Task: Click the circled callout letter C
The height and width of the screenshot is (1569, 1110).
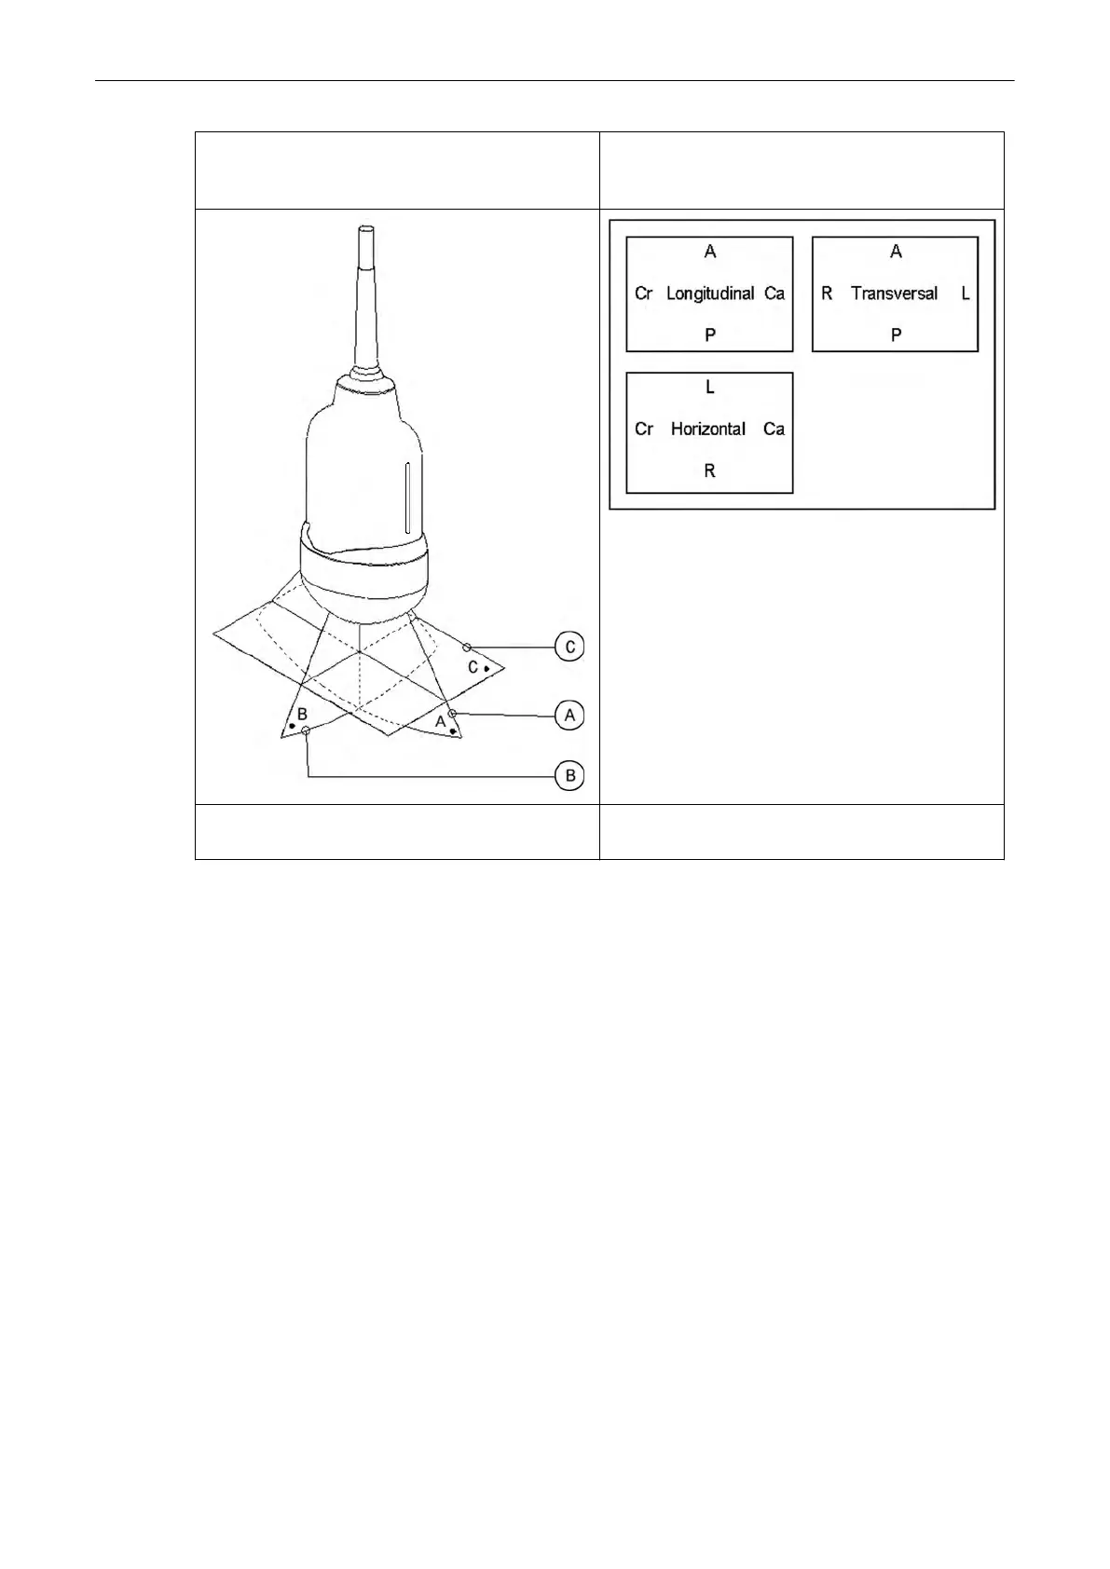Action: pos(569,647)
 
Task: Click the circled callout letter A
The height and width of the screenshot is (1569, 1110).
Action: pos(569,716)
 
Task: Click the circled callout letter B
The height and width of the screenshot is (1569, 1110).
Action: pos(569,775)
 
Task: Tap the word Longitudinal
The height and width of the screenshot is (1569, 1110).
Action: pos(710,293)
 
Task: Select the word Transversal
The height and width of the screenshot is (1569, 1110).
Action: pos(894,293)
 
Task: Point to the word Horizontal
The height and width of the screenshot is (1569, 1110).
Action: pos(708,430)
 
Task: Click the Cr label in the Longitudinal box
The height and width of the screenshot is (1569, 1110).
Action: pos(643,293)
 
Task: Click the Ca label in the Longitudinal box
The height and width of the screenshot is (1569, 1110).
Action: pos(774,293)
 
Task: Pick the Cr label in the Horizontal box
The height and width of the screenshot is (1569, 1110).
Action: pos(643,430)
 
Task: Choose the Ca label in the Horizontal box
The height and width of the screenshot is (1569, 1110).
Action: pos(774,430)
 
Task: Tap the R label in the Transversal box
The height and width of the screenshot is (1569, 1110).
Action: pos(827,293)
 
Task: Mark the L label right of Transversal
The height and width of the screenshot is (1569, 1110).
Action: pos(966,293)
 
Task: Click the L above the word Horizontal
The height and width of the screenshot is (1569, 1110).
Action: pos(710,387)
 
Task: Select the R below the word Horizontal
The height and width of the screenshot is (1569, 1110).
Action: pos(710,471)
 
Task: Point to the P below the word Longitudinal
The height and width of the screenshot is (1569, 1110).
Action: pos(710,334)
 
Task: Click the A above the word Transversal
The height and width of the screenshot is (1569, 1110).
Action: pos(896,252)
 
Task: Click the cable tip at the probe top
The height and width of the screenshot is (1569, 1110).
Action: pos(365,233)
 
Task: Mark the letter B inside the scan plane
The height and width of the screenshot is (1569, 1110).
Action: pos(302,715)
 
